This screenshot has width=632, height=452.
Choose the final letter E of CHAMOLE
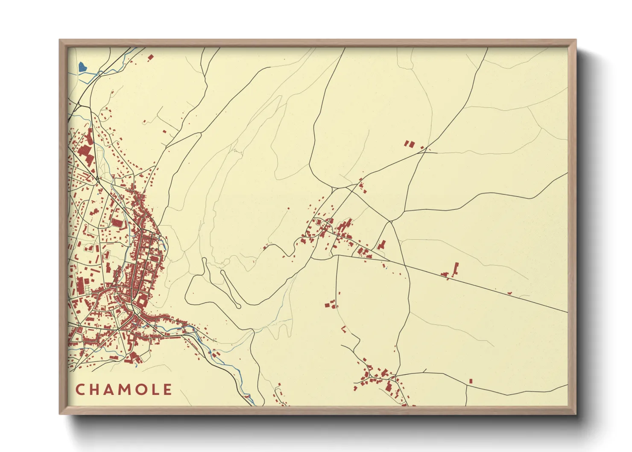(168, 390)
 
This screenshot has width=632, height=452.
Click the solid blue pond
(82, 67)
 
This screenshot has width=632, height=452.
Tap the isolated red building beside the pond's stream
(150, 57)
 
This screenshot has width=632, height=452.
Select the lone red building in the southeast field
(471, 381)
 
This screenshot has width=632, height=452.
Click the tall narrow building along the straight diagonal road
(456, 269)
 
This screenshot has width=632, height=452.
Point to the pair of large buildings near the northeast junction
(409, 144)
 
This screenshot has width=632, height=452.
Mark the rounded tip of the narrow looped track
(237, 305)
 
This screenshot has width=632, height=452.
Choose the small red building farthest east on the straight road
(510, 292)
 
